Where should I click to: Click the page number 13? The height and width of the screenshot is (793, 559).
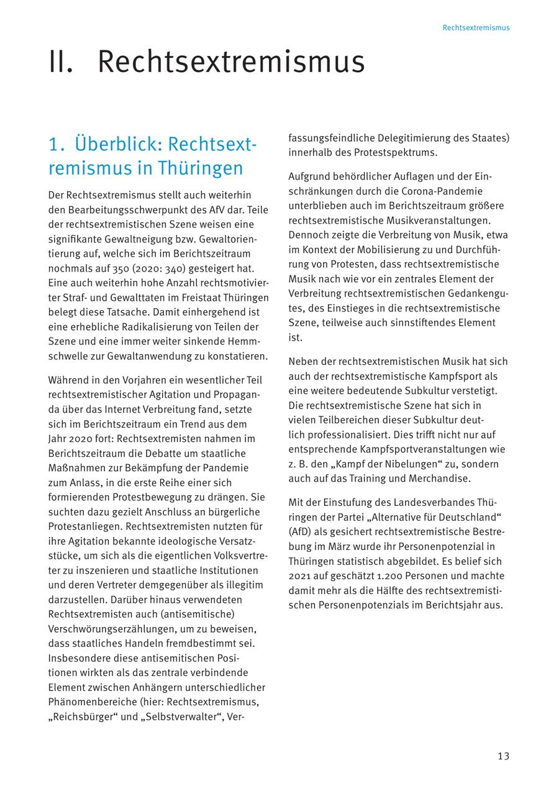(x=503, y=756)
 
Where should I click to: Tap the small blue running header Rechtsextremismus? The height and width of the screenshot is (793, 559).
(x=476, y=28)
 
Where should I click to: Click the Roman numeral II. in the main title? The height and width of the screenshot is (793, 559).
(x=61, y=62)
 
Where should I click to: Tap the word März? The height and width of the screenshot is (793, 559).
(x=347, y=547)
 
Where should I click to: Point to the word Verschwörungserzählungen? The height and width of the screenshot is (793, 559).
(x=111, y=629)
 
